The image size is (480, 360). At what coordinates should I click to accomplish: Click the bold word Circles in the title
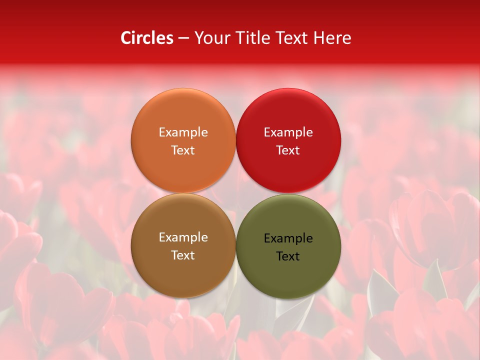(x=147, y=38)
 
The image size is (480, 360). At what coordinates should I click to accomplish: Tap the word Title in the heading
(x=252, y=38)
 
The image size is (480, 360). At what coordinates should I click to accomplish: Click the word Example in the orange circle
(x=183, y=132)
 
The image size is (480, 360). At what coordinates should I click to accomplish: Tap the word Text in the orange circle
(x=183, y=150)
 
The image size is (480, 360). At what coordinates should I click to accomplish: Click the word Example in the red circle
(x=288, y=132)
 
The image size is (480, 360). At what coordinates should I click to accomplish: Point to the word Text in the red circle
(x=288, y=150)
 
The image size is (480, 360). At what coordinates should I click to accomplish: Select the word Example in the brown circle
(x=183, y=237)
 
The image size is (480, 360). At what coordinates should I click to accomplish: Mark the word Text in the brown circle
(x=183, y=255)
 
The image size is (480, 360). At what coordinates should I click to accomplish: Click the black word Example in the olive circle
(x=288, y=238)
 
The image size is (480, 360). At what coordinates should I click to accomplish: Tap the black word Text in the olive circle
(x=288, y=256)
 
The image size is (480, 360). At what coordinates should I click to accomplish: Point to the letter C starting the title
(x=126, y=38)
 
